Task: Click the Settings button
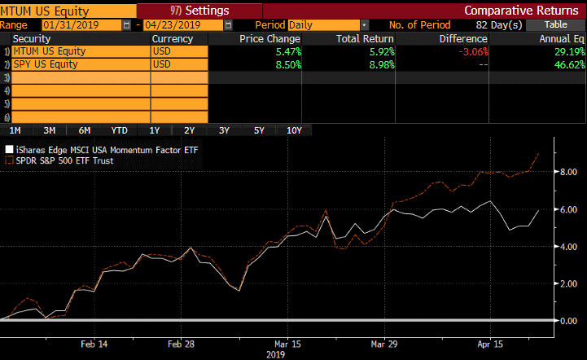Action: click(199, 11)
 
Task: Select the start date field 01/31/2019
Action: click(81, 25)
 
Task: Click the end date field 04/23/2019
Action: click(183, 25)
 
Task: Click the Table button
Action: click(555, 25)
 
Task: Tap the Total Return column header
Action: click(365, 39)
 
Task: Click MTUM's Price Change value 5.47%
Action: click(288, 51)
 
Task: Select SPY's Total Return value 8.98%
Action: click(382, 65)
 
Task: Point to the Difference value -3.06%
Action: click(473, 51)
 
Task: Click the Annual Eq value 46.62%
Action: click(569, 65)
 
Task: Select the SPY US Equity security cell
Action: click(81, 64)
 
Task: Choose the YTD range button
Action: click(120, 130)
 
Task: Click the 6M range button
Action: click(85, 130)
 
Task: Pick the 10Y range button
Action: click(294, 130)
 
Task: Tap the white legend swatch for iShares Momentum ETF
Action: click(9, 150)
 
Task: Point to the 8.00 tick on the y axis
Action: click(568, 172)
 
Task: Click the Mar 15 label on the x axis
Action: click(287, 344)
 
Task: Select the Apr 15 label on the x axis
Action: click(490, 344)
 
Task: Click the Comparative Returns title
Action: click(521, 11)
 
